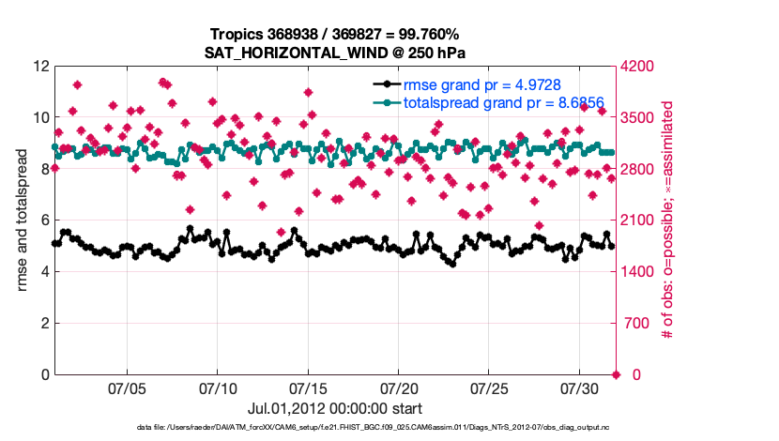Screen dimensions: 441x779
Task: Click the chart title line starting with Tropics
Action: point(335,35)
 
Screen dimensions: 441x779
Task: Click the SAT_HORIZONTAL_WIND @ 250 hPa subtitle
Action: point(335,53)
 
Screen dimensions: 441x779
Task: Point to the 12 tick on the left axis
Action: point(39,67)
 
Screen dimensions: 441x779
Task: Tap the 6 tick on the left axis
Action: point(43,220)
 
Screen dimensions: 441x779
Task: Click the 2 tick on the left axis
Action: point(43,324)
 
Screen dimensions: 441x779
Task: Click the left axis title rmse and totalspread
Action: point(23,220)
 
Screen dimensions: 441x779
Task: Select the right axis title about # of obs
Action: point(668,220)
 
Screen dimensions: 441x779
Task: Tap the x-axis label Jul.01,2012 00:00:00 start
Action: point(335,408)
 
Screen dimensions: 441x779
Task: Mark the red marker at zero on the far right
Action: point(616,375)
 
